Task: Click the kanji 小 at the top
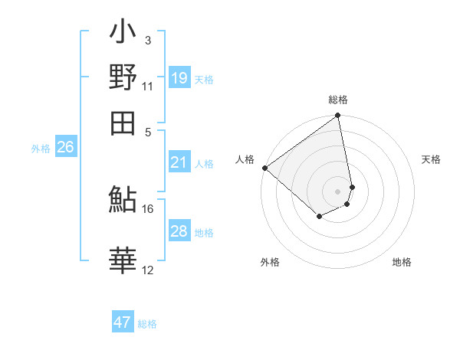point(123,34)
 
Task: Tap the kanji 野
point(123,78)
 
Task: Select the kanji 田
point(123,123)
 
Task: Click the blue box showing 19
point(179,78)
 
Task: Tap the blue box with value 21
point(179,162)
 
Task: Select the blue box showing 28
point(179,231)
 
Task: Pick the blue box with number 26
point(65,148)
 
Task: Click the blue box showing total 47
point(123,322)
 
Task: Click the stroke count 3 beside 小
point(147,41)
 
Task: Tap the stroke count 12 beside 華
point(147,270)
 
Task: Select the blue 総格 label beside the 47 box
point(148,324)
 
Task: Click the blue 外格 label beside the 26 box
point(41,149)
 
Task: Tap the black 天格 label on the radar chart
point(432,159)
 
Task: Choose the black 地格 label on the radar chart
point(402,262)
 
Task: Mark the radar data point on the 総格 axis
point(337,116)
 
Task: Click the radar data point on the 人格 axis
point(264,167)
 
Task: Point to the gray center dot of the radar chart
point(337,191)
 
